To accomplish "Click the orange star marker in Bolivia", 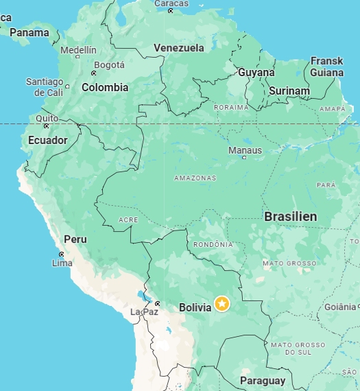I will (221, 303).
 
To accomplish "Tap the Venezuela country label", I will (179, 48).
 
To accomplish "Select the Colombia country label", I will (105, 87).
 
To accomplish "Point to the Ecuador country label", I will (47, 140).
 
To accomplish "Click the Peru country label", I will (75, 239).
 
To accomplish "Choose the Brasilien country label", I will (291, 216).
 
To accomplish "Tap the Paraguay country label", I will (263, 381).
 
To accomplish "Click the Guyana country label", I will (256, 72).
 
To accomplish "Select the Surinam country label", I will (289, 91).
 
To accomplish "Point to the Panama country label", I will (29, 32).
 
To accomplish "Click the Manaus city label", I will (245, 150).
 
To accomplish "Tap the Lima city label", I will (62, 263).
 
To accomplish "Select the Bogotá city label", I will (109, 65).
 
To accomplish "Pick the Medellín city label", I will (78, 50).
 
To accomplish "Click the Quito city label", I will (47, 118).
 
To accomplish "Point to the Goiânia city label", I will (341, 307).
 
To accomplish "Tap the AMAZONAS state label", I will (195, 178).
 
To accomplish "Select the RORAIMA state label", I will (230, 107).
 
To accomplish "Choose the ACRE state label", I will (128, 220).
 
